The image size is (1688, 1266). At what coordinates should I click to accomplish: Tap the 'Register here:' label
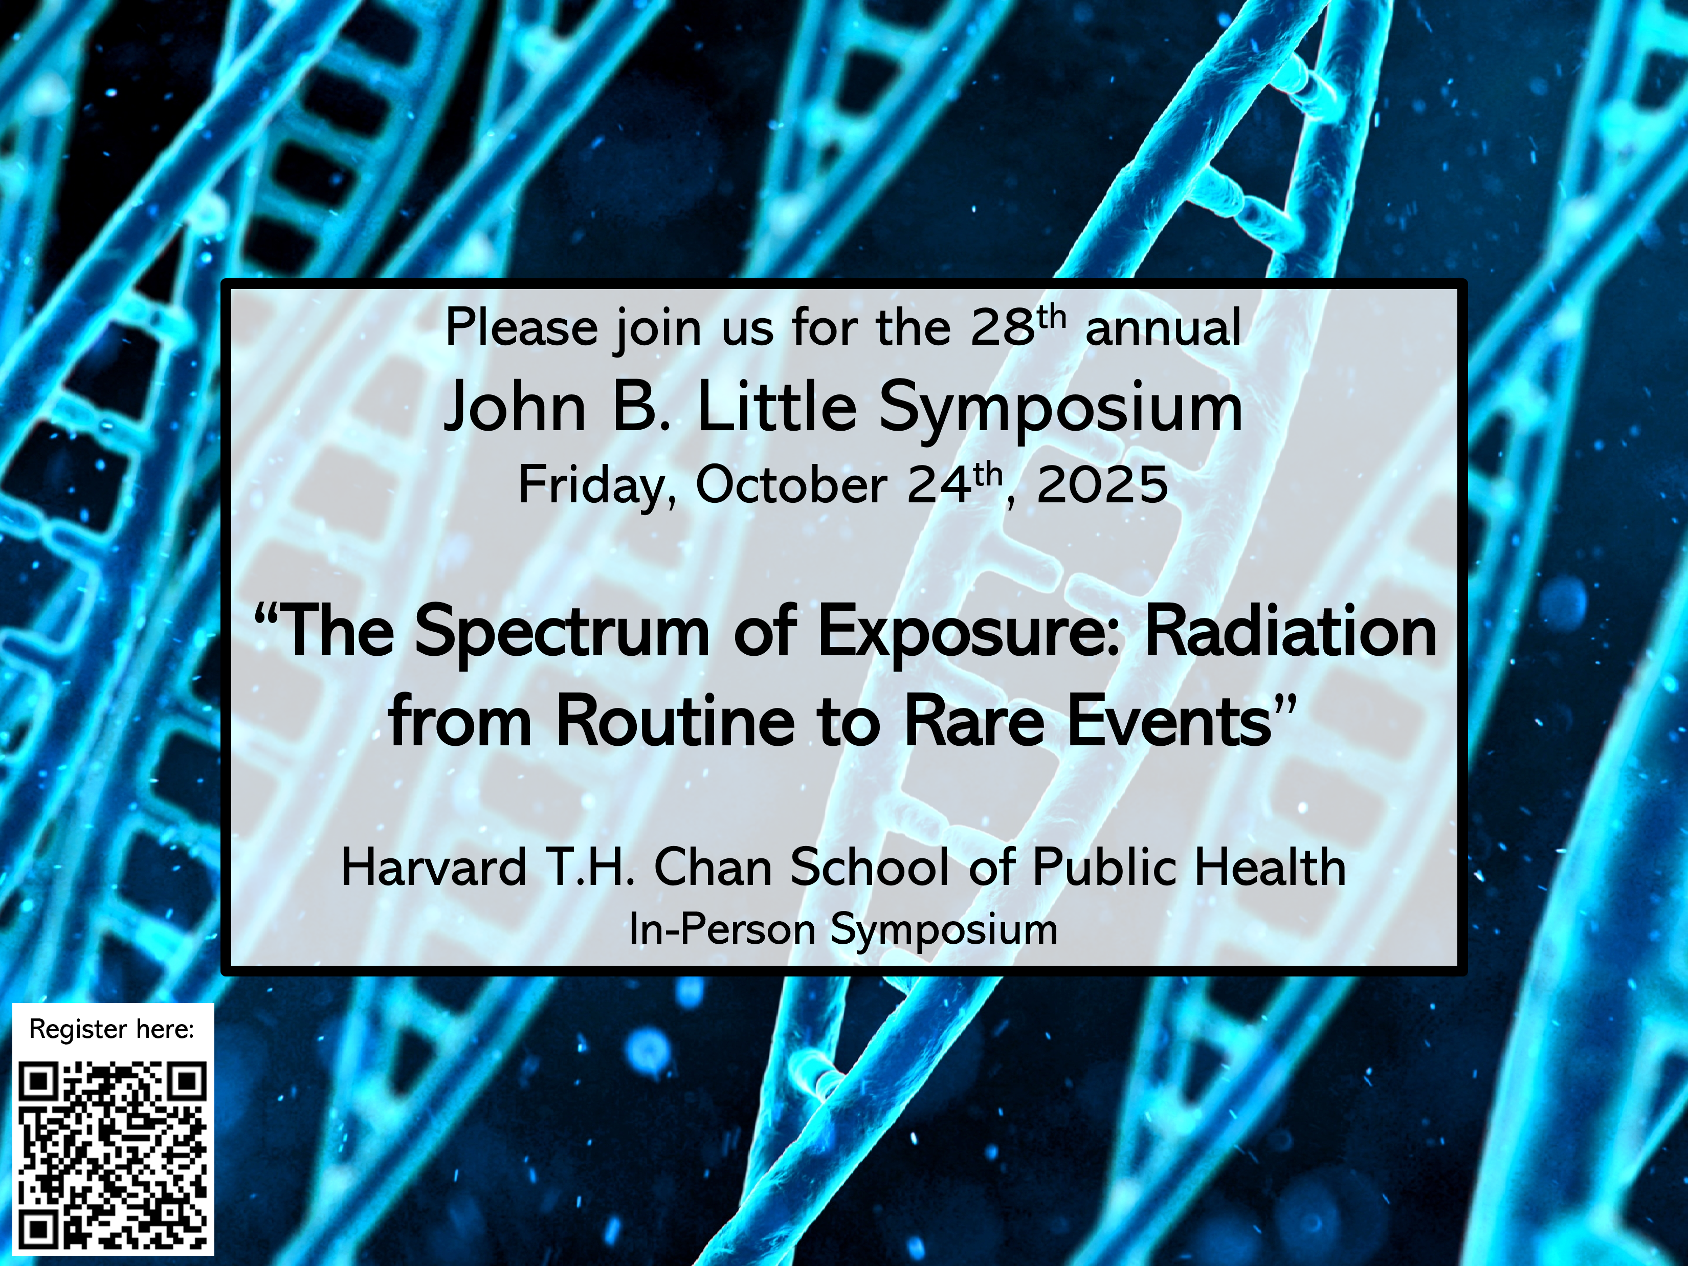point(112,1030)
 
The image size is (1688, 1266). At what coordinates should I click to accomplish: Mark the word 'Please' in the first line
point(521,329)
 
